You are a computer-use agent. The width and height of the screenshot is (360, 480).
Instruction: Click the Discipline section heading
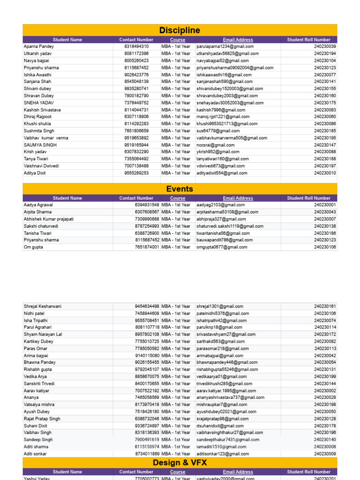click(x=180, y=30)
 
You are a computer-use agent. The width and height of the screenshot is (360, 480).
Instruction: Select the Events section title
click(x=180, y=189)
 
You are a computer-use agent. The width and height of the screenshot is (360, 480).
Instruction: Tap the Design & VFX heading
click(x=180, y=463)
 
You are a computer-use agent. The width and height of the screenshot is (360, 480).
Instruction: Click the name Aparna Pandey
click(x=39, y=46)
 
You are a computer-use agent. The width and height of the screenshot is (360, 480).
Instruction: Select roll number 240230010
click(x=325, y=173)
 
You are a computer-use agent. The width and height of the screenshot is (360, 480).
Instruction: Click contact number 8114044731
click(x=136, y=110)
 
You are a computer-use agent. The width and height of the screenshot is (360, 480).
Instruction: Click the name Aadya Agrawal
click(x=38, y=205)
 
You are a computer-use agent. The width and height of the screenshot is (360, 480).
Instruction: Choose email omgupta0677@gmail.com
click(x=222, y=247)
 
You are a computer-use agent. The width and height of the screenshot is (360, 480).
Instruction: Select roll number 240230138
click(x=325, y=226)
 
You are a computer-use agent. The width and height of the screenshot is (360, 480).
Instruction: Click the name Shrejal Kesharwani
click(x=43, y=306)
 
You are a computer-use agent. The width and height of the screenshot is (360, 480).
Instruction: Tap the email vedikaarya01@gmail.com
click(x=222, y=376)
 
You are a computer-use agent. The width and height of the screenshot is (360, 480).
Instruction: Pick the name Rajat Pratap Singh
click(x=42, y=419)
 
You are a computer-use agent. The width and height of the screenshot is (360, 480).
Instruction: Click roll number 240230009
click(x=325, y=454)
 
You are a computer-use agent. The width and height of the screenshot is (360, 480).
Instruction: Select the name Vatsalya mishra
click(x=39, y=405)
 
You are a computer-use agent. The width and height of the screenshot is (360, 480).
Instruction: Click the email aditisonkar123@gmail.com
click(x=223, y=454)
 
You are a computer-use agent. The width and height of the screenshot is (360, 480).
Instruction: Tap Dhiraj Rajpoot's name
click(x=38, y=117)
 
